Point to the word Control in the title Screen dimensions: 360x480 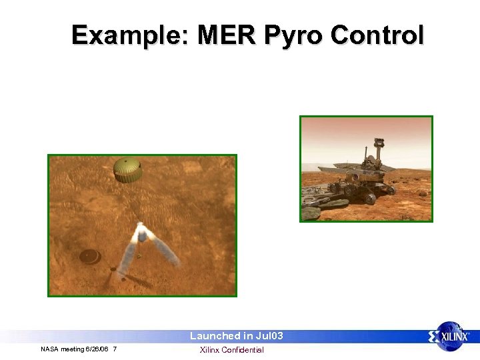pos(379,35)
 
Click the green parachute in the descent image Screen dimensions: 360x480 pos(127,169)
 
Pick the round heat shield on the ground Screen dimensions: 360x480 pos(89,256)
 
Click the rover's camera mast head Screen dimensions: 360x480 pos(379,142)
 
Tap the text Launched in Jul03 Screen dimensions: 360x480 pos(237,336)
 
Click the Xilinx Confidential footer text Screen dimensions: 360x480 pos(232,350)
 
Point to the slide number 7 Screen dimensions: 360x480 pos(115,349)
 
